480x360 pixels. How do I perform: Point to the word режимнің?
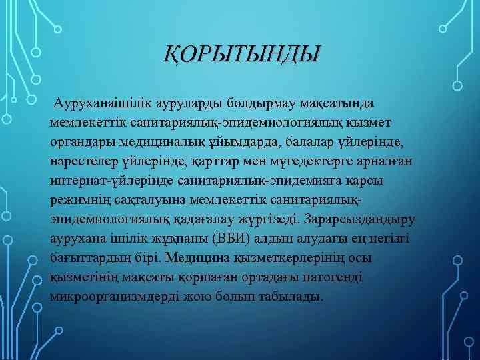pos(76,200)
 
